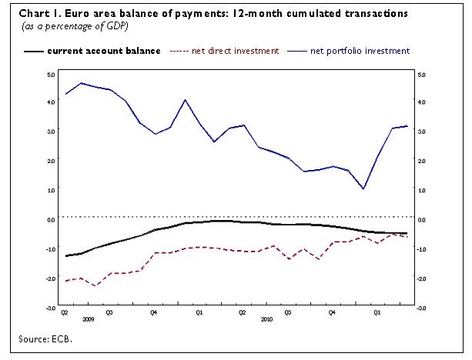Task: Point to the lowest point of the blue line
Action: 363,188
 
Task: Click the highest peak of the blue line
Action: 82,82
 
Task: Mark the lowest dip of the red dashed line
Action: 95,286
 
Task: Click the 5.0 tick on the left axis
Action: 51,75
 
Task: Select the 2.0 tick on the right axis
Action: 420,160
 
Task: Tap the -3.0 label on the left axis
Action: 50,307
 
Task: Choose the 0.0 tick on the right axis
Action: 420,219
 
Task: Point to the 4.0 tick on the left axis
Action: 51,102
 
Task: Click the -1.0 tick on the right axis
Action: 420,248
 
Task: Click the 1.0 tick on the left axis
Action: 51,189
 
